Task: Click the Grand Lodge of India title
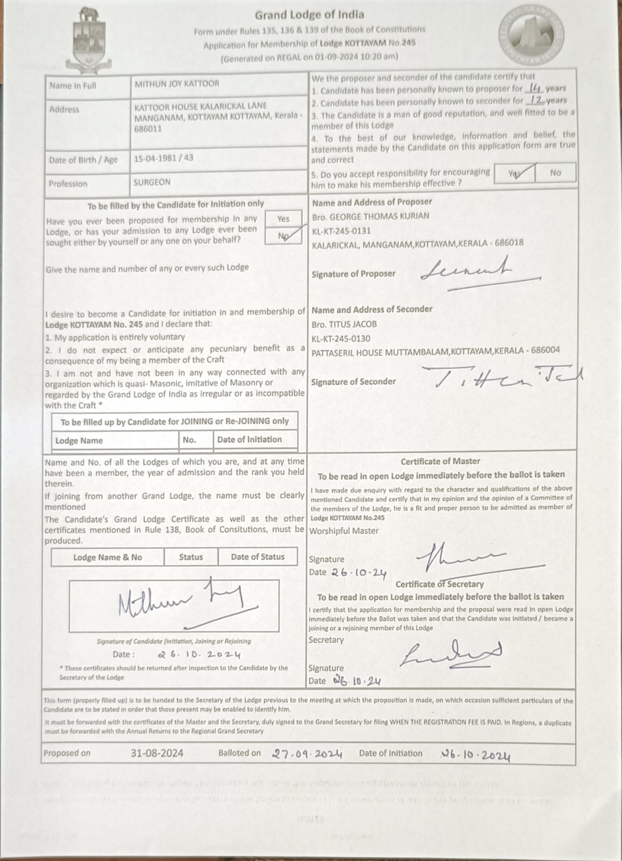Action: coord(309,15)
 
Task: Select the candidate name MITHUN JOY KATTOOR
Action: coord(176,84)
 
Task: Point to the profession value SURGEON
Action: coord(152,182)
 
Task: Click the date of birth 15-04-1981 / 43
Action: coord(164,158)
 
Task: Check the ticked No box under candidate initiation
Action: coord(283,236)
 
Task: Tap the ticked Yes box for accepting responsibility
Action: coord(514,173)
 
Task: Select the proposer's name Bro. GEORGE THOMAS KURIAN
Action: coord(370,216)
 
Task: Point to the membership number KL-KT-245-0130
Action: coord(341,338)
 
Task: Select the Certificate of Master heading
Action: coord(440,461)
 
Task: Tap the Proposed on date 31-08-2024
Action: coord(157,753)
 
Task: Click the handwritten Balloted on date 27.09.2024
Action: coord(307,754)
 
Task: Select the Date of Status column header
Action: coord(257,557)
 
